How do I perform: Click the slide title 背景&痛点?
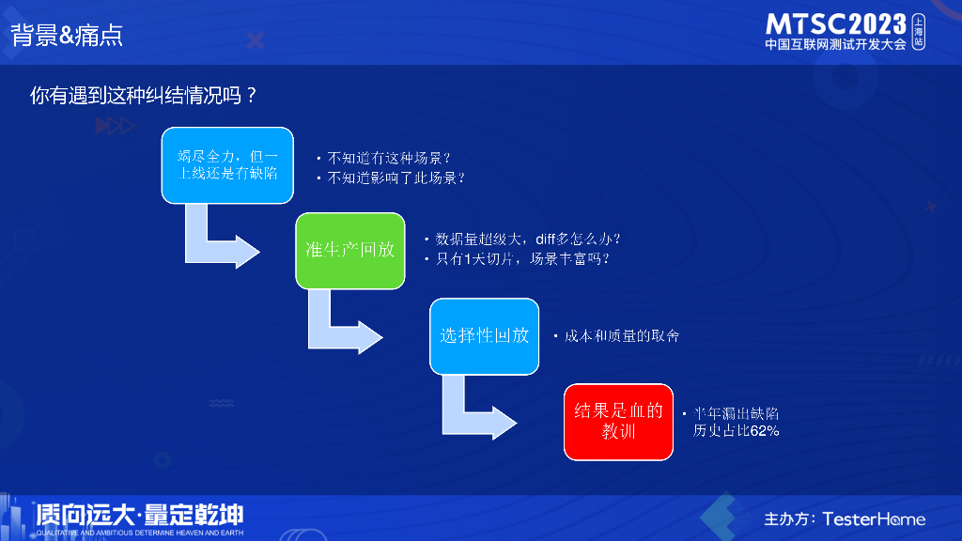(67, 36)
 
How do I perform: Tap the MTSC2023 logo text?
(836, 23)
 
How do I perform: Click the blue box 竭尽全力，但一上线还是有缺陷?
(227, 164)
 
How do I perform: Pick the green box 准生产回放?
(350, 250)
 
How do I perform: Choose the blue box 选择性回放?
(484, 335)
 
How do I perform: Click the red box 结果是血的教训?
(618, 421)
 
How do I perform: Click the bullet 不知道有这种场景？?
(389, 158)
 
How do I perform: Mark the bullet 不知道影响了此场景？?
(396, 177)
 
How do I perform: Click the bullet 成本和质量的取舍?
(620, 335)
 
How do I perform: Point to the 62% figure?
(764, 431)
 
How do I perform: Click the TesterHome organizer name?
(874, 518)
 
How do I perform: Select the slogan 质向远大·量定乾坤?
(139, 515)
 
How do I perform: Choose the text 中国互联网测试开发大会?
(835, 44)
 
